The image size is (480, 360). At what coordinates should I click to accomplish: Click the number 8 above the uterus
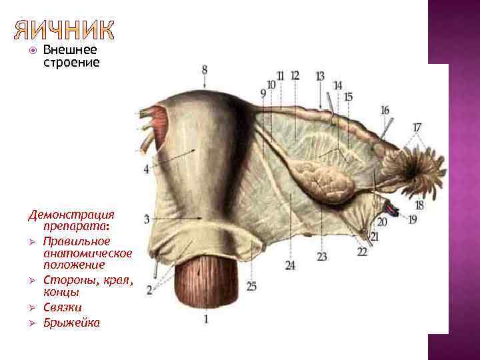pos(204,69)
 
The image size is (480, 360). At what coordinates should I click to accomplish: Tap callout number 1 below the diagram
pos(206,319)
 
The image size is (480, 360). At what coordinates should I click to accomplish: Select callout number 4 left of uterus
pos(147,169)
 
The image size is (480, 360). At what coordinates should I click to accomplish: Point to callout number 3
pos(146,219)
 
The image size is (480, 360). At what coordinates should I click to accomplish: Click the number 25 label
pos(251,286)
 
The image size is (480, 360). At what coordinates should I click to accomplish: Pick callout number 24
pos(290,265)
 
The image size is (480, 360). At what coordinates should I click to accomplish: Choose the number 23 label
pos(322,256)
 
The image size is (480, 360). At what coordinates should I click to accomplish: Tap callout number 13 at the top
pos(320,76)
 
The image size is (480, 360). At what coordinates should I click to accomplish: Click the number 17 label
pos(417,127)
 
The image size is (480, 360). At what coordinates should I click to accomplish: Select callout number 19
pos(413,219)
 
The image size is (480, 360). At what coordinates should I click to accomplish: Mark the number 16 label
pos(385,109)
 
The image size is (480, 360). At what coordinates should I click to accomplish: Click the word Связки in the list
pos(63,307)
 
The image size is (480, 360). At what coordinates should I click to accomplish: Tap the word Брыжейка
pos(71,323)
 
